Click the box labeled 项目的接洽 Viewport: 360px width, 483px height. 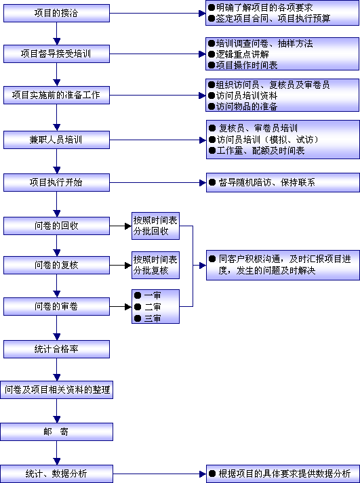tap(56, 14)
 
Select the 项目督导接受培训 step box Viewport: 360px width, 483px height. tap(56, 54)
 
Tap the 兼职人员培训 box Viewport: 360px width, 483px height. tap(56, 140)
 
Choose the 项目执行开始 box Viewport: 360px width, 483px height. tap(56, 182)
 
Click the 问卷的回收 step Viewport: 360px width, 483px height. tap(56, 226)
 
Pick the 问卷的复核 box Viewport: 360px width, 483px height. tap(56, 266)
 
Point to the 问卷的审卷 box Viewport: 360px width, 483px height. tap(56, 306)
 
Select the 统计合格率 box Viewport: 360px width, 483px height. tap(56, 349)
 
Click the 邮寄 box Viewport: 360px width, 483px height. tap(56, 432)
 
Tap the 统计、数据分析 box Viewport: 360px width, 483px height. tap(56, 474)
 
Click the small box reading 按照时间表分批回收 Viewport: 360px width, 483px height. tap(155, 226)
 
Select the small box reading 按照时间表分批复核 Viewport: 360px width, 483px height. tap(155, 266)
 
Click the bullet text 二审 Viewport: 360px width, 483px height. tap(153, 307)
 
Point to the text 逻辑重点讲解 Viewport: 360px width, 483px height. tap(242, 54)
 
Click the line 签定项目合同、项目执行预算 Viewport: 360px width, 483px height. tap(273, 18)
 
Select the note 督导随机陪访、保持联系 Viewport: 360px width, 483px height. tap(267, 182)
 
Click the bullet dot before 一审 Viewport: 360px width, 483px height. tap(138, 295)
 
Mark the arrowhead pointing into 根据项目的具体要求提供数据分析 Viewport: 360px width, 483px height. tap(203, 474)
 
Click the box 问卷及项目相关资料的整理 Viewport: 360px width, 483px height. tap(56, 390)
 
